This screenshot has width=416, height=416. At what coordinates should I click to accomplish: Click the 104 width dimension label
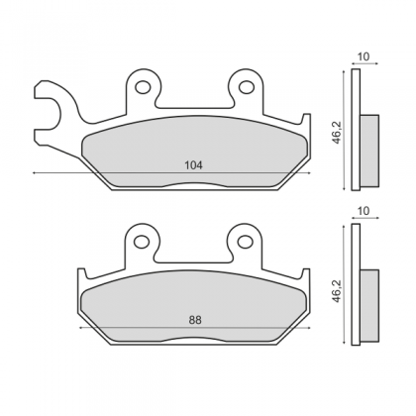point(193,165)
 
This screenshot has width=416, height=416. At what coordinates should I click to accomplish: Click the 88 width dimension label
point(195,320)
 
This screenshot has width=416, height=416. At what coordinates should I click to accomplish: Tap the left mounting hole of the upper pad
point(143,87)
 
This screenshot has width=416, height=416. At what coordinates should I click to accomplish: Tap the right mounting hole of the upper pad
point(247,87)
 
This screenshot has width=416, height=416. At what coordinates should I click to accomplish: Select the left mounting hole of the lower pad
point(142,242)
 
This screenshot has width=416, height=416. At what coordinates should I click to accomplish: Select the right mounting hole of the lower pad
point(246,242)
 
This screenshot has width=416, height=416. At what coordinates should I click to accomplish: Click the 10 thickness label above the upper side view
point(364,56)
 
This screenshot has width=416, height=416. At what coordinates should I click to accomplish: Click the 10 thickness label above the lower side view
point(364,211)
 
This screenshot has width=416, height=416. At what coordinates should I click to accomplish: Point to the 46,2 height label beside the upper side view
point(337,133)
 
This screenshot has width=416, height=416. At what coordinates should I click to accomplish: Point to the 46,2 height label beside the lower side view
point(337,290)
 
